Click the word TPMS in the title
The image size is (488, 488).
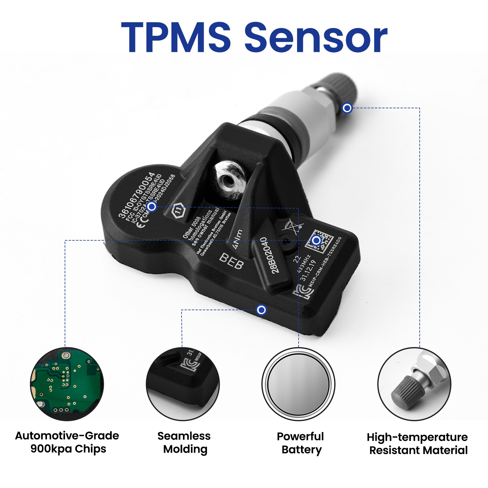click(x=176, y=37)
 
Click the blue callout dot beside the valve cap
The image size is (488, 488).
click(x=347, y=108)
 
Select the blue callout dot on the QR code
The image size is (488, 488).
click(x=316, y=241)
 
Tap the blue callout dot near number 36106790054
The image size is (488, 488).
click(x=152, y=207)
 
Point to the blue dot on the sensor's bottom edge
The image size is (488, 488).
click(x=261, y=310)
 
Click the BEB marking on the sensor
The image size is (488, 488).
click(x=231, y=261)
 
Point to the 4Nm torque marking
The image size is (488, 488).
click(x=238, y=239)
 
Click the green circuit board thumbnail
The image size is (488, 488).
click(x=67, y=384)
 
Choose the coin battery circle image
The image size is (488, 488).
click(x=298, y=384)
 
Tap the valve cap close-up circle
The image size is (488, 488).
click(x=414, y=384)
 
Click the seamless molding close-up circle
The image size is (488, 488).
click(x=183, y=384)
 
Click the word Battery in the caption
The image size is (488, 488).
click(x=302, y=450)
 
